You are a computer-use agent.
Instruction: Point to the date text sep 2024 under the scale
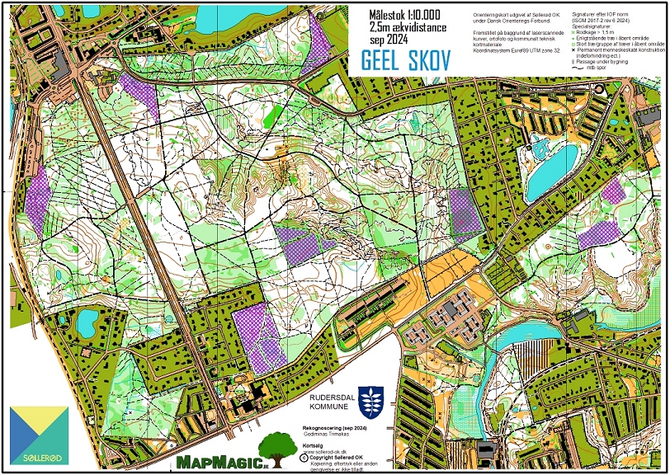(390, 39)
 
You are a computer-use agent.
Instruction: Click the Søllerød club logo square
(39, 436)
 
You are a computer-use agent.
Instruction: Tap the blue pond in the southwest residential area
(85, 324)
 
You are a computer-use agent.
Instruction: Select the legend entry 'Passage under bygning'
(611, 61)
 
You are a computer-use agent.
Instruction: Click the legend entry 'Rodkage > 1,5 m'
(606, 31)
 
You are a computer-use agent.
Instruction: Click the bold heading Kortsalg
(314, 444)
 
